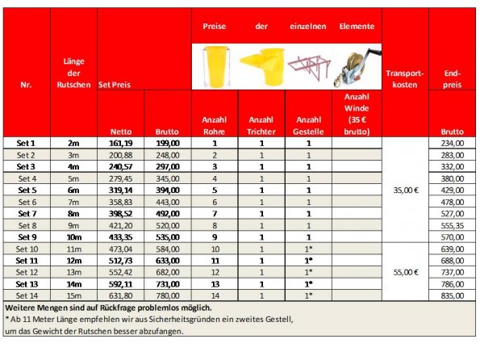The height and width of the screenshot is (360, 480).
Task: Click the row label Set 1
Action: [27, 143]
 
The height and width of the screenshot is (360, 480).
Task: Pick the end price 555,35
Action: [452, 226]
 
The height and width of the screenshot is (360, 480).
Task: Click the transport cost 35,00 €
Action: [405, 190]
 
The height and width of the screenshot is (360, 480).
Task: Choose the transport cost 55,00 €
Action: [405, 272]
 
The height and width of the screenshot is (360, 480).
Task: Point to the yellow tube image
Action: [215, 65]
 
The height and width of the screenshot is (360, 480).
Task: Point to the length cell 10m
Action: [73, 237]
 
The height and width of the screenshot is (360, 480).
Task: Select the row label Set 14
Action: [27, 296]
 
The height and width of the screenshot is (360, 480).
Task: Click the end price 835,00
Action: [452, 296]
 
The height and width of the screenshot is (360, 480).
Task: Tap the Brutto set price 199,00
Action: [167, 143]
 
